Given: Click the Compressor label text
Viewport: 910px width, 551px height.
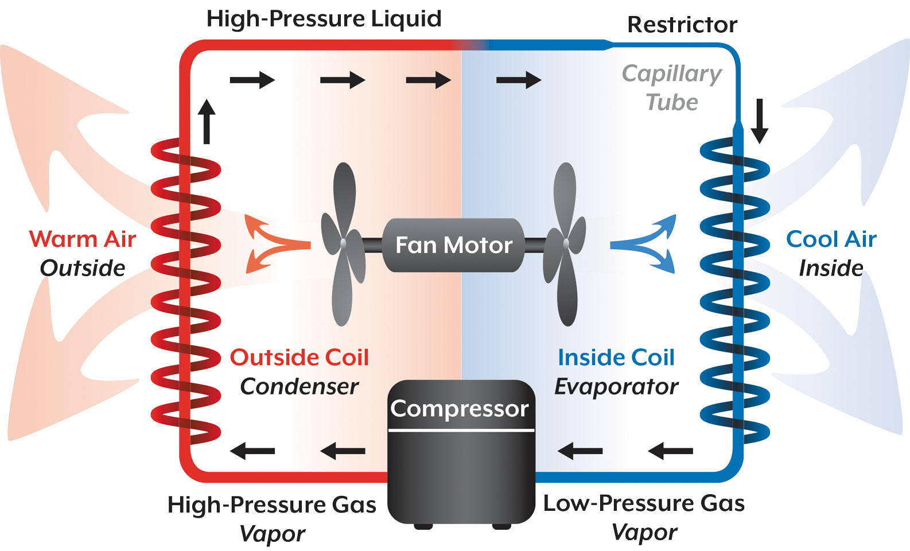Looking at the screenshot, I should click(x=460, y=409).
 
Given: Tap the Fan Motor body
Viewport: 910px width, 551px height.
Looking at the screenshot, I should click(x=453, y=245).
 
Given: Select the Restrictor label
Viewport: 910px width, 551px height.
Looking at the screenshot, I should click(x=682, y=25).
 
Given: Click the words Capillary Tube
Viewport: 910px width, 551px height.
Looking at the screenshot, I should click(x=672, y=88).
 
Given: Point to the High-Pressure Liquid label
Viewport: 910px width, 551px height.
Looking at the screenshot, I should click(x=324, y=18).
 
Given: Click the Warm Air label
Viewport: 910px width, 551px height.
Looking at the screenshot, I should click(x=83, y=239).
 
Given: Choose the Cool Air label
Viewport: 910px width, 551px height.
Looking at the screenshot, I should click(x=831, y=239).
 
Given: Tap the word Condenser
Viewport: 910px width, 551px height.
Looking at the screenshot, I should click(x=299, y=386).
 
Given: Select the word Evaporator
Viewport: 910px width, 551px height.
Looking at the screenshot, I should click(x=616, y=386).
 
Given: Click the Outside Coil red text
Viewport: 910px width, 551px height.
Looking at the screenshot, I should click(x=299, y=357).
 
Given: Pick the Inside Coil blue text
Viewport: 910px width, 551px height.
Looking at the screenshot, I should click(x=616, y=357).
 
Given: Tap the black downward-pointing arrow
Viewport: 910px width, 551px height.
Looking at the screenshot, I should click(x=760, y=121).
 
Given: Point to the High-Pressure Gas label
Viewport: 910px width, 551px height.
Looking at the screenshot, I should click(x=271, y=505).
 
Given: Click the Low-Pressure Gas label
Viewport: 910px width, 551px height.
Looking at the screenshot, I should click(x=644, y=503).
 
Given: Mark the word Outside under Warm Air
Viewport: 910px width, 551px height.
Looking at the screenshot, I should click(x=83, y=268).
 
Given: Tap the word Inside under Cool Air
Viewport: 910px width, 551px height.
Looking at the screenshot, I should click(x=831, y=268).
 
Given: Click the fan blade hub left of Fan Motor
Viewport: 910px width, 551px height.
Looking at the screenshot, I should click(x=343, y=243).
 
